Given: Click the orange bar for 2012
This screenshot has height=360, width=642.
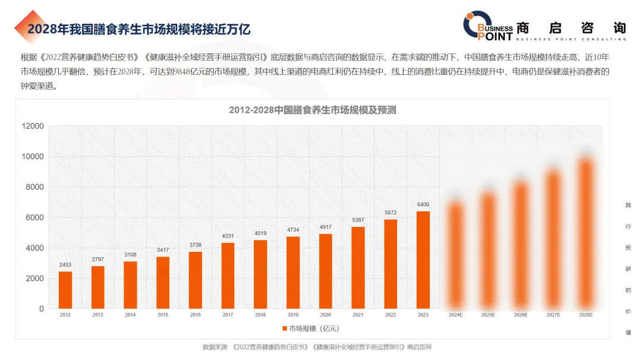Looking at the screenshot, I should (65, 290).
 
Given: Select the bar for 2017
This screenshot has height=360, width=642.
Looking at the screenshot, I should (228, 276).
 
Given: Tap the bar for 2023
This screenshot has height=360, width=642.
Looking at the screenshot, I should (423, 260).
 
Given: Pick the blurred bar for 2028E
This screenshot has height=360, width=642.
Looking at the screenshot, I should (586, 232).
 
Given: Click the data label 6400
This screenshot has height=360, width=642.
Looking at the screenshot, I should (423, 205).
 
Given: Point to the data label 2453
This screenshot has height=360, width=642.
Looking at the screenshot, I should (65, 265).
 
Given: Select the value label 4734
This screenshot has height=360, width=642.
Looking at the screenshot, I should (293, 230).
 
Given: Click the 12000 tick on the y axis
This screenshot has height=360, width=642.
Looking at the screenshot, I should (33, 126).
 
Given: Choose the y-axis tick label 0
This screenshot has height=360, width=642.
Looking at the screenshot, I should (41, 309).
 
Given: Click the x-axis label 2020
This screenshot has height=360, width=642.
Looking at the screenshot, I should (325, 315).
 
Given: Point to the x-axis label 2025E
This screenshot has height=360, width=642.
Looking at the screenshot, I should (488, 315).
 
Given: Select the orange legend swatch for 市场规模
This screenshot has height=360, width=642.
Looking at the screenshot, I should (284, 329).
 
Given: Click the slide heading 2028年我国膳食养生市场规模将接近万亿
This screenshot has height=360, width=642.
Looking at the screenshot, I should (139, 29).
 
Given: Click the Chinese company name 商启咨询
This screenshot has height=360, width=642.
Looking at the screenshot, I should (571, 27).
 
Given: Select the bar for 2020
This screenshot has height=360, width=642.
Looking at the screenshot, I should (325, 271).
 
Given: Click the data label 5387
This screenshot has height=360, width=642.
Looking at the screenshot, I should (358, 220).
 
